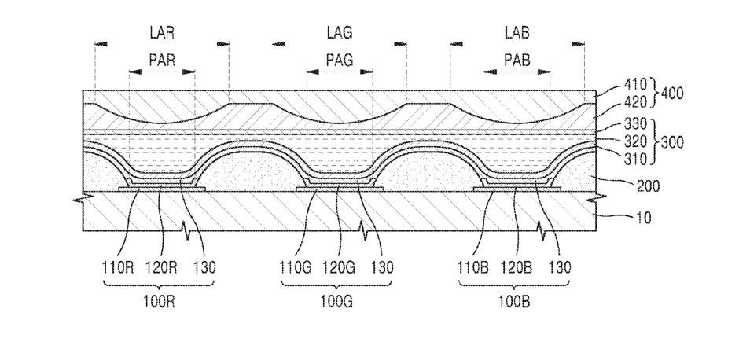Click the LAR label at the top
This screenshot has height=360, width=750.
162,33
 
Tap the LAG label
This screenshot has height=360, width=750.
340,33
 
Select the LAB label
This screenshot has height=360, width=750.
517,33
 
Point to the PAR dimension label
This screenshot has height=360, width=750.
162,61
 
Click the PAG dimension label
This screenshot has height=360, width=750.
340,61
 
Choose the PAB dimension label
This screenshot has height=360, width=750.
517,61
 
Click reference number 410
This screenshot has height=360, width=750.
635,85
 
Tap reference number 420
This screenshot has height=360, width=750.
635,101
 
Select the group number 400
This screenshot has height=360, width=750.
671,94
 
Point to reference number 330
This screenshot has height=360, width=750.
635,125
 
